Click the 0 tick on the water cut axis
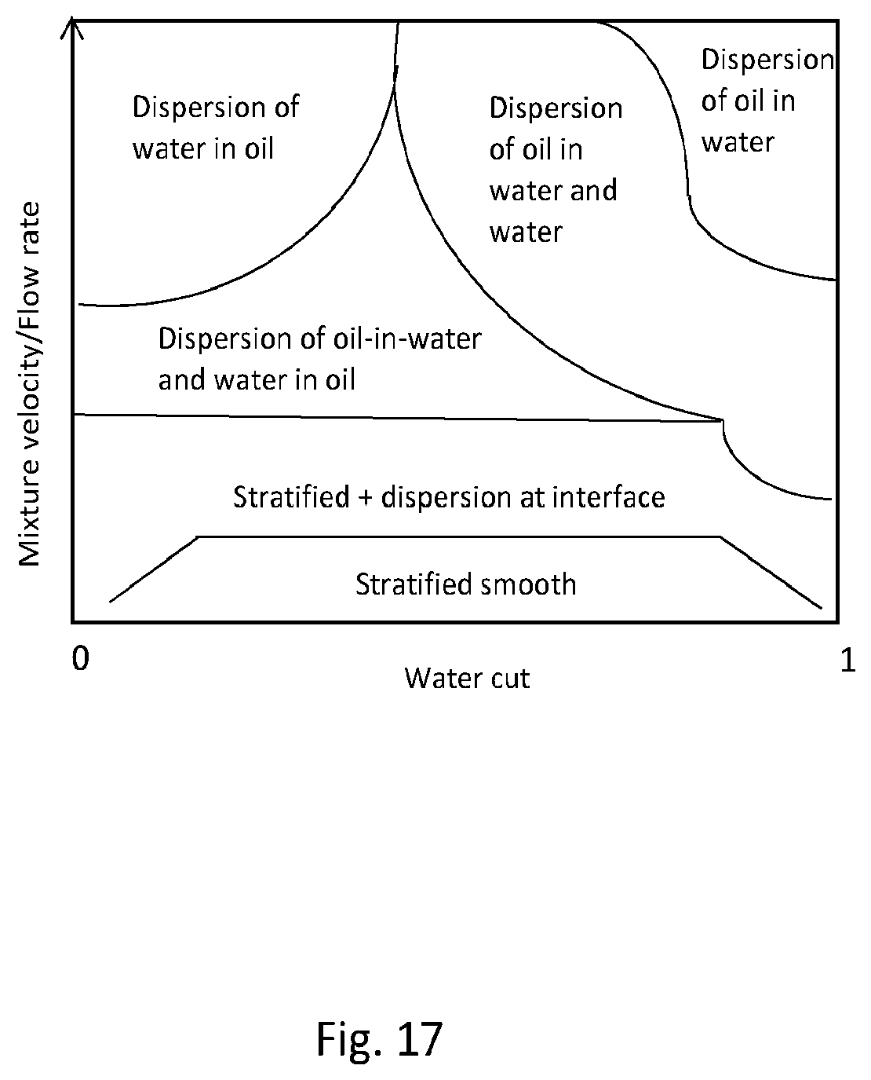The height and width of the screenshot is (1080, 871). pos(81,658)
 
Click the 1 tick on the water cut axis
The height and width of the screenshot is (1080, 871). pos(847,660)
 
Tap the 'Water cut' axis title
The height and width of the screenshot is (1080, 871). pos(467,678)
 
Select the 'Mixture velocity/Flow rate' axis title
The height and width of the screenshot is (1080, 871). pos(29,384)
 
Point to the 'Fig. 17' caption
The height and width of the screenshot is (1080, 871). pos(379,1039)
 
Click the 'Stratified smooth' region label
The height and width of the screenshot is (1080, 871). pos(466,584)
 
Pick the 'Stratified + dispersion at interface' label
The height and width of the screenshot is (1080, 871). pos(449,497)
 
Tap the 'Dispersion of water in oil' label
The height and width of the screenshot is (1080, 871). pos(216,128)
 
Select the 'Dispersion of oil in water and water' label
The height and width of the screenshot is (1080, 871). pos(556,170)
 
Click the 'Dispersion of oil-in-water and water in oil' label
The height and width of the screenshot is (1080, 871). pos(319,359)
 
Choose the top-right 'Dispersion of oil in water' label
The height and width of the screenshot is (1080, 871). pos(767,101)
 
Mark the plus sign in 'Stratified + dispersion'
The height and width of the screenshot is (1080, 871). pos(365,497)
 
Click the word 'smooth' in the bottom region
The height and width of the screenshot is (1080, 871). pos(528,584)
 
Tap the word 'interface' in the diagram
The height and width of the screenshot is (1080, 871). pos(609,497)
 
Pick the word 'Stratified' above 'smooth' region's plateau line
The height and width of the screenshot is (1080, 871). pos(291,497)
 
